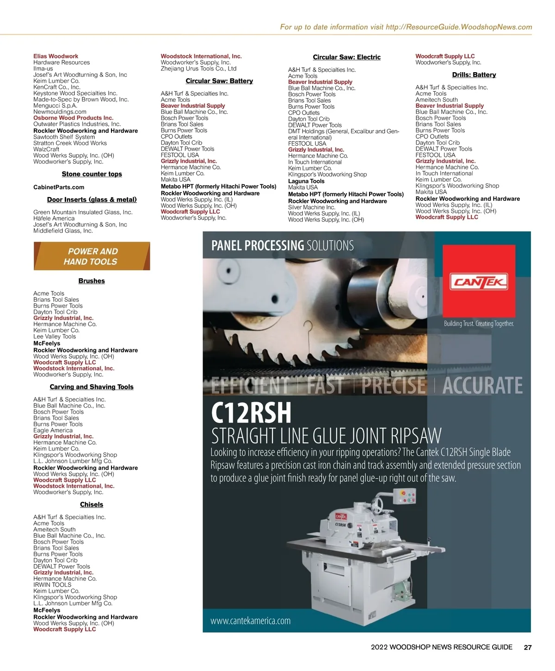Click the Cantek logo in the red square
(479, 281)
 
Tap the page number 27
(527, 647)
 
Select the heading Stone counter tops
(92, 174)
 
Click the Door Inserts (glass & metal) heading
(92, 199)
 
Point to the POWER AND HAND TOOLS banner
(92, 256)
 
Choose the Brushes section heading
(92, 281)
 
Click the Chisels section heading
(92, 504)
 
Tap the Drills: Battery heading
(474, 75)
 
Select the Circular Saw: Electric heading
(346, 57)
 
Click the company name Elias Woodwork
(55, 56)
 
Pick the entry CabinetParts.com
(59, 187)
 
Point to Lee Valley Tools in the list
(55, 336)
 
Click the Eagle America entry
(53, 430)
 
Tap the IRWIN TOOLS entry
(52, 584)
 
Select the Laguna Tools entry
(306, 181)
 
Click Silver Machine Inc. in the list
(311, 207)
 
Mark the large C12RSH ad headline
(251, 413)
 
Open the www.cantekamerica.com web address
(250, 621)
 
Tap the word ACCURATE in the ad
(482, 385)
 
